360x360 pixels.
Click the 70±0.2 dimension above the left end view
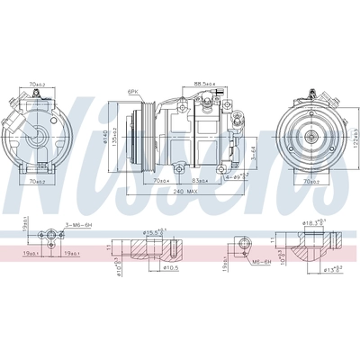(x=37, y=84)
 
